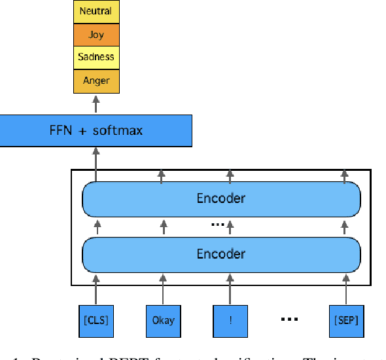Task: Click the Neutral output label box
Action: pyautogui.click(x=96, y=11)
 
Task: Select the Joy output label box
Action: pyautogui.click(x=96, y=34)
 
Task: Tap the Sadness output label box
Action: pyautogui.click(x=96, y=57)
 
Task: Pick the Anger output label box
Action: pyautogui.click(x=96, y=81)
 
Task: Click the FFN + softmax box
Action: pyautogui.click(x=96, y=130)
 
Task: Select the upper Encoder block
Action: pyautogui.click(x=221, y=198)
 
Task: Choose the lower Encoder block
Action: pyautogui.click(x=221, y=254)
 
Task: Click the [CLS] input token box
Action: pyautogui.click(x=96, y=320)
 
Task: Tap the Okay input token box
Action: pyautogui.click(x=164, y=320)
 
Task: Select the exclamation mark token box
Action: pyautogui.click(x=230, y=320)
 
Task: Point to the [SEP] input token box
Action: pyautogui.click(x=345, y=320)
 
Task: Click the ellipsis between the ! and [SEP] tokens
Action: pyautogui.click(x=289, y=320)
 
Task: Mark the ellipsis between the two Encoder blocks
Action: pyautogui.click(x=217, y=225)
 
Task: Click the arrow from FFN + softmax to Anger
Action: pyautogui.click(x=96, y=104)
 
